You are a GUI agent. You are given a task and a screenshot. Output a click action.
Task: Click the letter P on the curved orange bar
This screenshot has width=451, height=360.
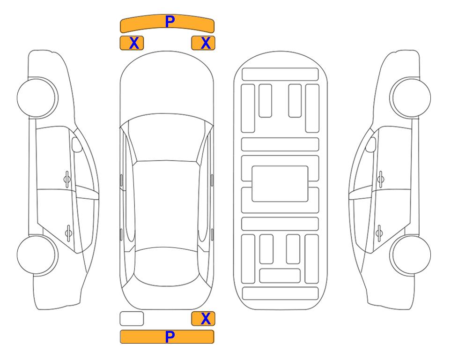[170, 22]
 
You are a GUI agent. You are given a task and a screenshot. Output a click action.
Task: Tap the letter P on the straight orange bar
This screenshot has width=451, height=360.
[170, 337]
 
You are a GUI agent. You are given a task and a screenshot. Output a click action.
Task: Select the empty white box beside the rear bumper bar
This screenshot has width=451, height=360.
[132, 319]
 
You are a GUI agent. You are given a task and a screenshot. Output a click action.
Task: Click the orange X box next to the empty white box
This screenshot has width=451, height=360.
[203, 319]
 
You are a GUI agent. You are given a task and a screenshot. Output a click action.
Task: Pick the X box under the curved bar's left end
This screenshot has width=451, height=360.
[132, 43]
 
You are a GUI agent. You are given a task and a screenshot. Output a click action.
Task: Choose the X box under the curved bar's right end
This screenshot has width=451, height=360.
[203, 43]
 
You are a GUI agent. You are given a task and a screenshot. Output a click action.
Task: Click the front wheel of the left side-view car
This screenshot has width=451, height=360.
[37, 98]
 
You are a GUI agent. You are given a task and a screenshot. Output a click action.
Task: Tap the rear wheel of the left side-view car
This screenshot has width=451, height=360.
[37, 255]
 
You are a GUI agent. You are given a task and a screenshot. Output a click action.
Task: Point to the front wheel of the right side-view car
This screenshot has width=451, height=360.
[410, 98]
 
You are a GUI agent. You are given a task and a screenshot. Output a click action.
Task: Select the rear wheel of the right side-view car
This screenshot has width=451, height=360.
[410, 255]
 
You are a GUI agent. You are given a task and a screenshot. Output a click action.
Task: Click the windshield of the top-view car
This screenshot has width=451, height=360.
[166, 138]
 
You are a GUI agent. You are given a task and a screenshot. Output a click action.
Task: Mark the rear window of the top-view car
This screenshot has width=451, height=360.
[167, 266]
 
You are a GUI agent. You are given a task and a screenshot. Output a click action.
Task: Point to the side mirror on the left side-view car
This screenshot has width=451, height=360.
[77, 144]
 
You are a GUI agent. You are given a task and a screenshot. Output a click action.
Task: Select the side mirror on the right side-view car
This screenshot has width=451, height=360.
[371, 144]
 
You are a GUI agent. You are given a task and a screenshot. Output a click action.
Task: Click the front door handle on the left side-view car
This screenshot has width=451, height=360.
[67, 179]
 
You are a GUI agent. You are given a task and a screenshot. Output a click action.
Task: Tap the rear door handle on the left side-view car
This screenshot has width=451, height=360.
[68, 232]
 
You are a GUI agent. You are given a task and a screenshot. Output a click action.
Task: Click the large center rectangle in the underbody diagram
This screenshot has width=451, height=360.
[280, 184]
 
